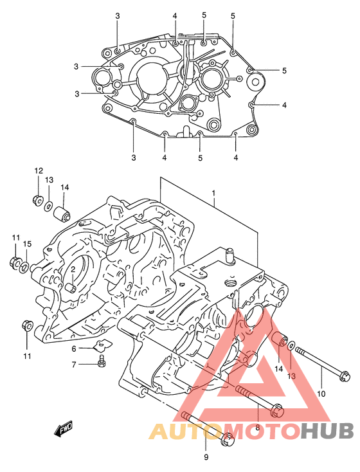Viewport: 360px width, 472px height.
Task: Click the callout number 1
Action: (x=213, y=193)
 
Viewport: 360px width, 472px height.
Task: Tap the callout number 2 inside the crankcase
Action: (x=73, y=269)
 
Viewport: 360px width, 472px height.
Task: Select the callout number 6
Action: (x=74, y=349)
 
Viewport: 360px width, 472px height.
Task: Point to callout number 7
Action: (x=74, y=365)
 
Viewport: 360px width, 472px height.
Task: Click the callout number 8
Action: (x=257, y=427)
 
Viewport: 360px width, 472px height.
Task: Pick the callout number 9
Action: (x=206, y=457)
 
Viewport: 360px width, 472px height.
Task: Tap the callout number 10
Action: (x=321, y=394)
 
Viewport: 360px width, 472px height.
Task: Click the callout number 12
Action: (x=39, y=171)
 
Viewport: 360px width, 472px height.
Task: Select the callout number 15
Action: (x=27, y=244)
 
